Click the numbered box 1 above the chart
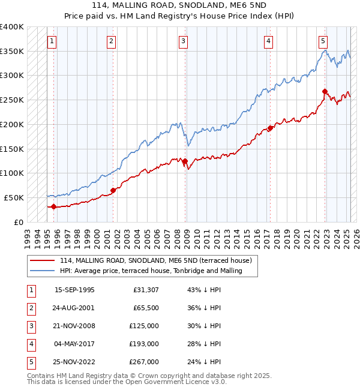(52, 41)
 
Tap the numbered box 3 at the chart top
(183, 41)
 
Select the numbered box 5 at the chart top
(323, 41)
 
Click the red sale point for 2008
(185, 161)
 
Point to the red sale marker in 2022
(325, 92)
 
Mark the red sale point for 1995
(53, 206)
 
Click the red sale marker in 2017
(270, 128)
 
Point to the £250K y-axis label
(11, 100)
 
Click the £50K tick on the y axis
(14, 197)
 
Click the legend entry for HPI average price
(150, 271)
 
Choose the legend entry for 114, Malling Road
(158, 260)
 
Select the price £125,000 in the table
(144, 326)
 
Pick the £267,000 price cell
(144, 362)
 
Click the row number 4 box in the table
(30, 344)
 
